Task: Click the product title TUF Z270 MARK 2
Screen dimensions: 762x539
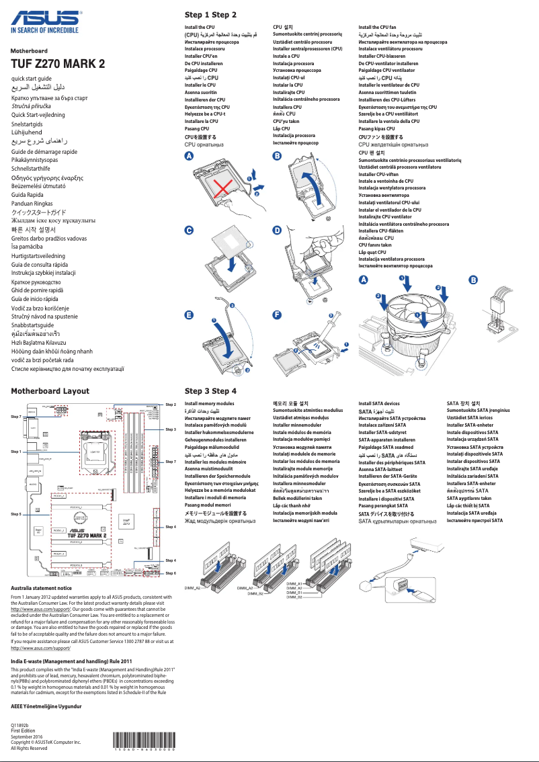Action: [58, 65]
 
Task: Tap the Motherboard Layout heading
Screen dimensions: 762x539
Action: [50, 390]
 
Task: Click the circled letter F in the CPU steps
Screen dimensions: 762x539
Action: [276, 314]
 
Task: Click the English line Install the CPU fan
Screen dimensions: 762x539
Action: [377, 27]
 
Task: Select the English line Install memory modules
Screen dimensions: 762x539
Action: [210, 404]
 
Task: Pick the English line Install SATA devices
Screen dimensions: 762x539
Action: [379, 404]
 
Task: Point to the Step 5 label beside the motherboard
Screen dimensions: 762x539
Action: [15, 514]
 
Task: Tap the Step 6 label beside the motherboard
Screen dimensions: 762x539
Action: [170, 573]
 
